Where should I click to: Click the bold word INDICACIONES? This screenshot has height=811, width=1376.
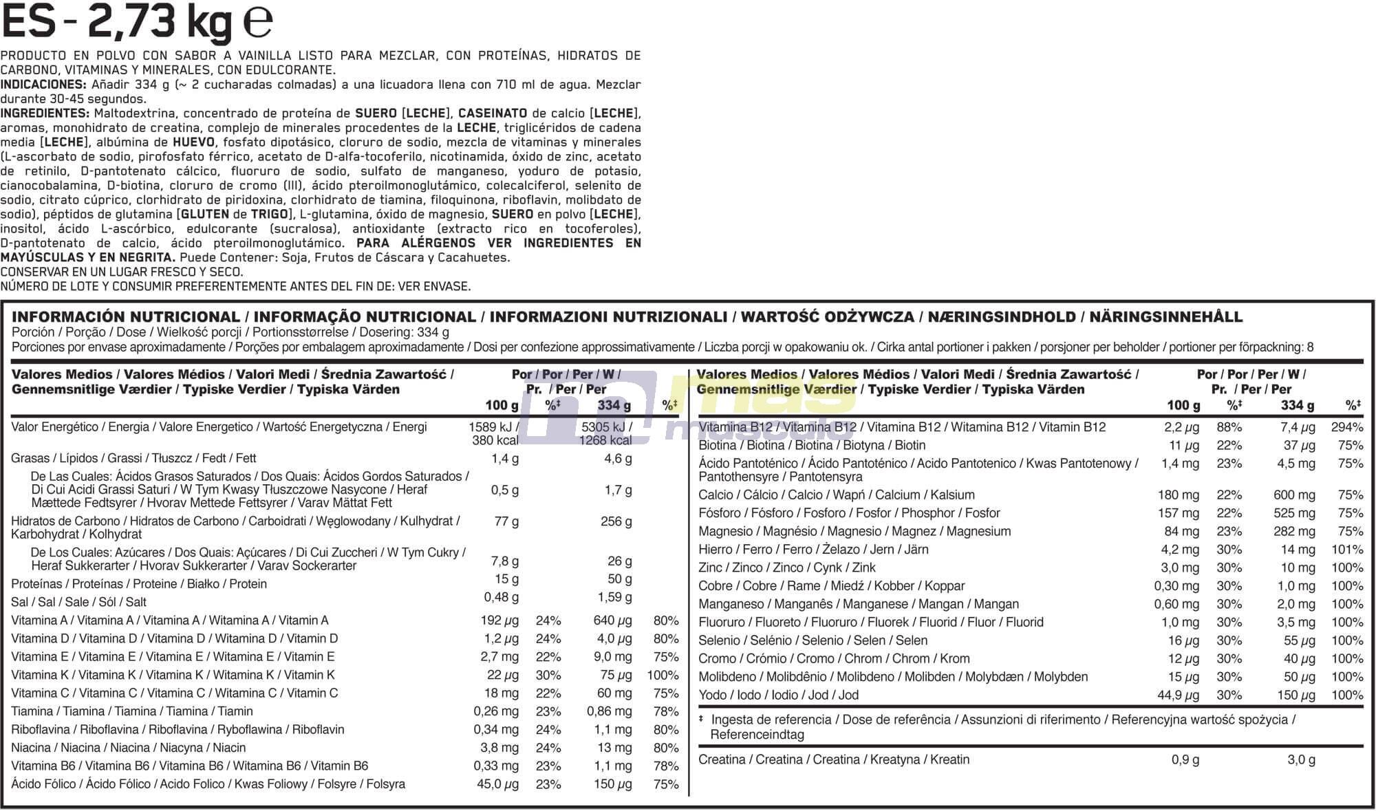(x=43, y=85)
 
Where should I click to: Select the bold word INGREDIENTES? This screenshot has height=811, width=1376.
(x=45, y=113)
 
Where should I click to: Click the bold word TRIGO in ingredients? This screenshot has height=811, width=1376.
(x=269, y=215)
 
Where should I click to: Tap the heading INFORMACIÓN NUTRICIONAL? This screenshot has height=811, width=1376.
(x=125, y=317)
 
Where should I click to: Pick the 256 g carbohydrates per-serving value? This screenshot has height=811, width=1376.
(x=616, y=521)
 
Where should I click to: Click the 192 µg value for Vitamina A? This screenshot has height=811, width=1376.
(x=499, y=620)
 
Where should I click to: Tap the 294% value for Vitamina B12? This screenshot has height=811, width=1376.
(x=1346, y=427)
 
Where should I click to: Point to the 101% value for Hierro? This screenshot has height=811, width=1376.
(x=1346, y=550)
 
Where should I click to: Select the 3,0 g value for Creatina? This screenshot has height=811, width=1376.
(x=1301, y=760)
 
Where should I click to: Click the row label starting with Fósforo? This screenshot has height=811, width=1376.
(x=848, y=513)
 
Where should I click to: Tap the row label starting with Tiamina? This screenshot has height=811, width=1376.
(x=131, y=711)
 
